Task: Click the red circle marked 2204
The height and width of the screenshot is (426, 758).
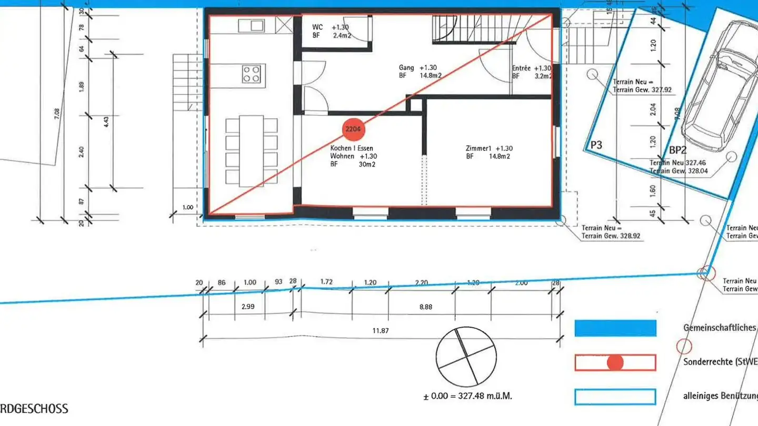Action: tap(353, 128)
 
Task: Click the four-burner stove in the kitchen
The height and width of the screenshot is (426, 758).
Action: tap(252, 74)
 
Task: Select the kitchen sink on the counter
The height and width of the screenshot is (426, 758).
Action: tap(252, 25)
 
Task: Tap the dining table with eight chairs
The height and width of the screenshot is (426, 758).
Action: tap(251, 151)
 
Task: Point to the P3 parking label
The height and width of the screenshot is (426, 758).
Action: tap(596, 145)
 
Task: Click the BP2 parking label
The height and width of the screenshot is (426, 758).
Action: tap(678, 150)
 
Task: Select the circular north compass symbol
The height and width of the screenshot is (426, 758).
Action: tap(466, 356)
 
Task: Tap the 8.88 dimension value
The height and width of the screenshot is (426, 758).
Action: tap(425, 307)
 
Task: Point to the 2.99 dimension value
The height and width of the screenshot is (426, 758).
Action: tap(247, 307)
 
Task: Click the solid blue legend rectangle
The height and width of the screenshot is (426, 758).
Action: tap(615, 328)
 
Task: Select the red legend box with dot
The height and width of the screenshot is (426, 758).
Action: tap(615, 362)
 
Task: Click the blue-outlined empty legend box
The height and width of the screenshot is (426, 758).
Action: tap(615, 397)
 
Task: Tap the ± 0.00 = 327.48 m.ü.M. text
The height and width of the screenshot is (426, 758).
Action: tap(467, 396)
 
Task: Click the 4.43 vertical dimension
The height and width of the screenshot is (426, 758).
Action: tap(107, 122)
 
